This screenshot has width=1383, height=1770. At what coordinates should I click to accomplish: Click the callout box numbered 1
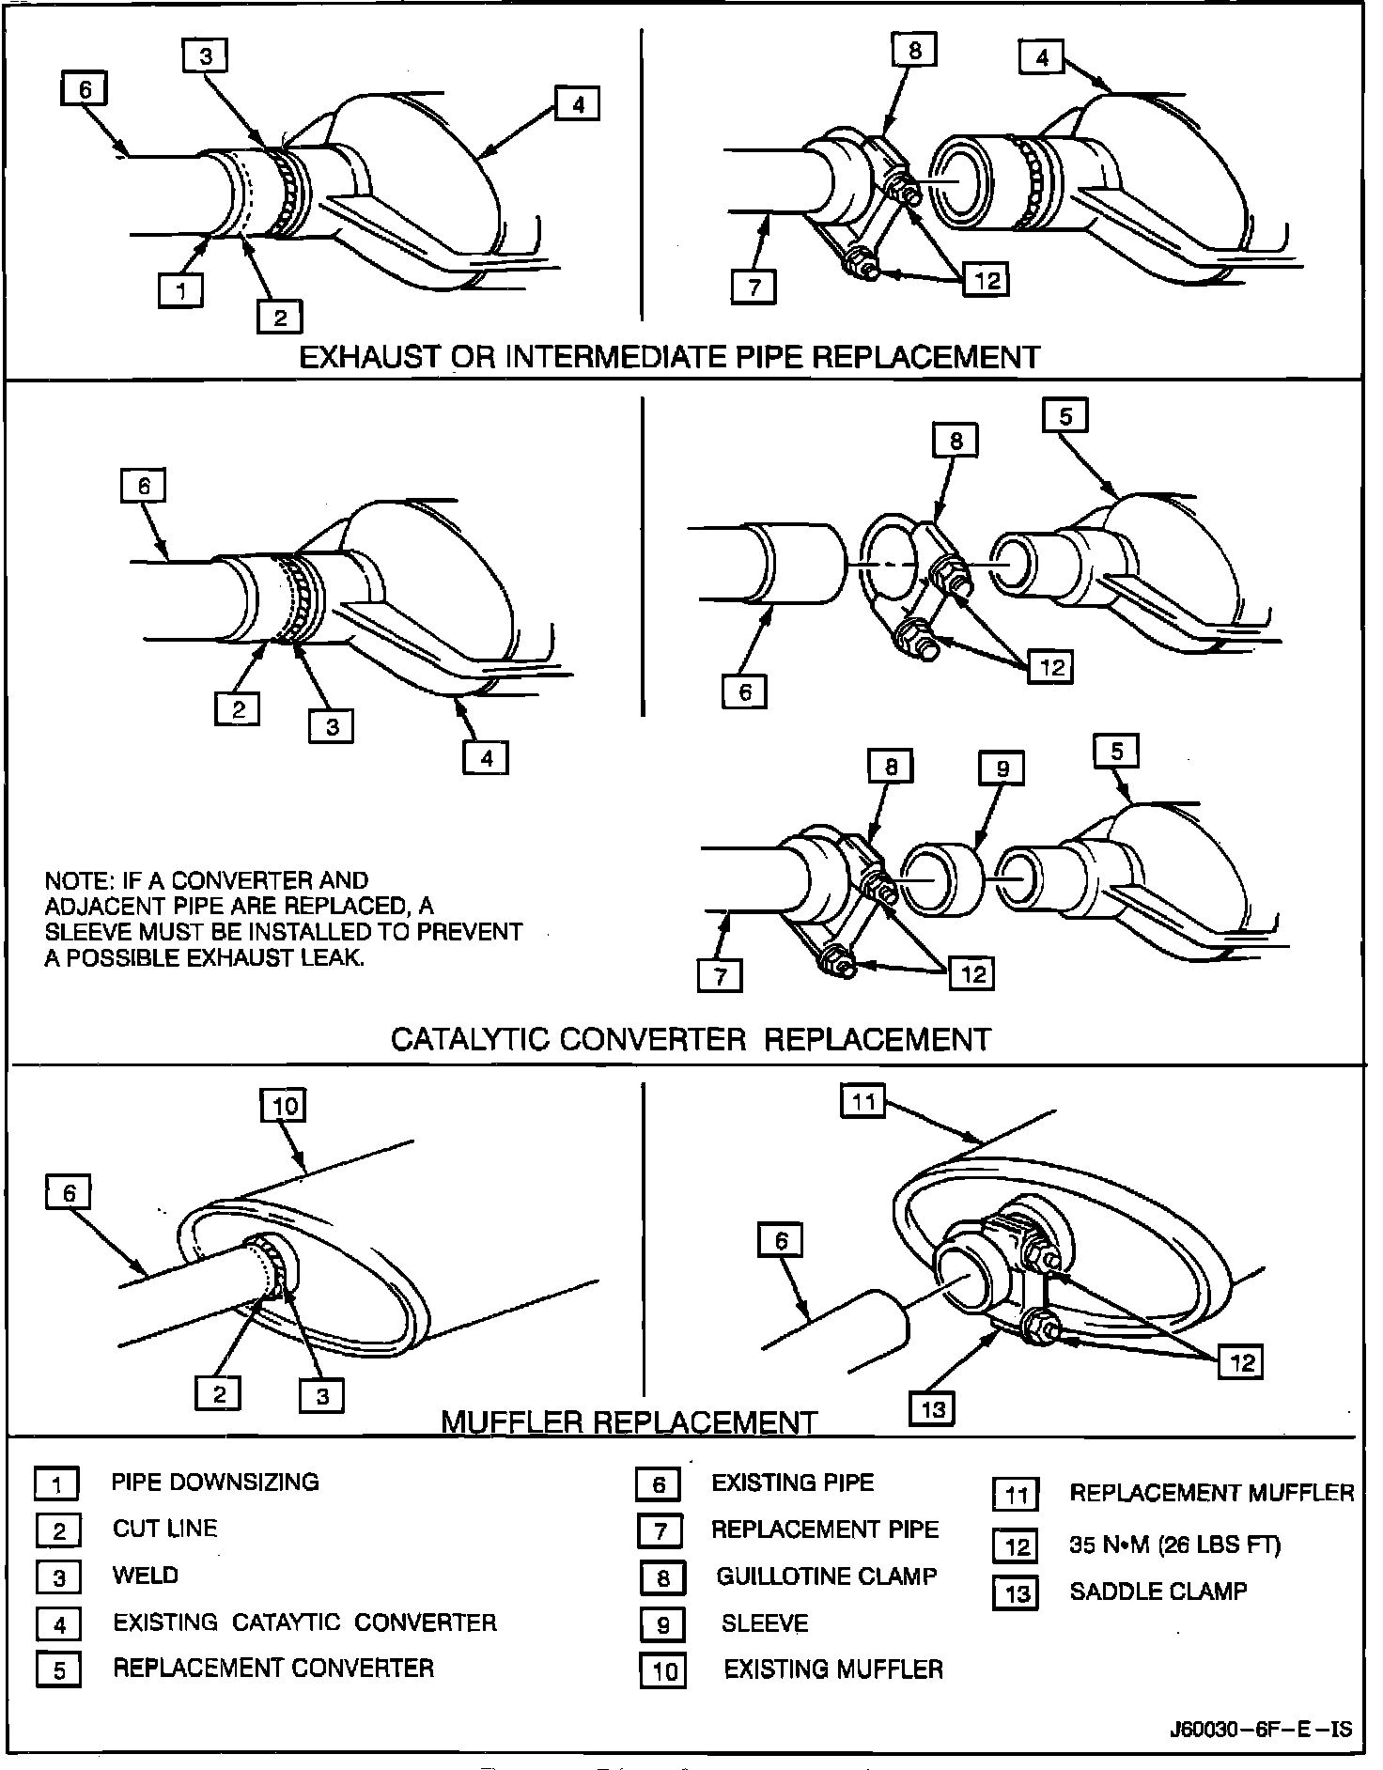(x=181, y=289)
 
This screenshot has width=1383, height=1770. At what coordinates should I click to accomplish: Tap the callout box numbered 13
(x=932, y=1408)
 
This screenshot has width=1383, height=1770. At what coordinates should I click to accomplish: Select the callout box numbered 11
(x=863, y=1101)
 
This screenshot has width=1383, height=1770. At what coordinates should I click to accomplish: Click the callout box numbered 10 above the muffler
(x=285, y=1105)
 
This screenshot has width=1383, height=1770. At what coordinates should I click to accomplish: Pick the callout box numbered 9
(x=1002, y=769)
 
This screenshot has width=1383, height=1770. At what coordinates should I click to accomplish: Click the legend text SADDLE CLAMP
(x=1158, y=1591)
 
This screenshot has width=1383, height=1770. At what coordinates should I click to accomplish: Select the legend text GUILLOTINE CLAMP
(x=826, y=1576)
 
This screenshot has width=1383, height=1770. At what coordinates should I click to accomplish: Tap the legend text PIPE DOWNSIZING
(x=215, y=1482)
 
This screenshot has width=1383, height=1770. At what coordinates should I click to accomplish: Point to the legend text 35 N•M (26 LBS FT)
(x=1174, y=1545)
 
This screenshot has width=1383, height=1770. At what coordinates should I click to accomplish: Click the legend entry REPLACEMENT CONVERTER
(x=273, y=1668)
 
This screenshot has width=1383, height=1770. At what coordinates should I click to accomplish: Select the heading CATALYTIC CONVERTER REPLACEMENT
(x=691, y=1039)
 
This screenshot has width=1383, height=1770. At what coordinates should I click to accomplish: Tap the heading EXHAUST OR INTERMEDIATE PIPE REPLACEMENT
(x=669, y=357)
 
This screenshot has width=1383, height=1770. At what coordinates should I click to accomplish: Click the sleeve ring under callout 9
(x=940, y=878)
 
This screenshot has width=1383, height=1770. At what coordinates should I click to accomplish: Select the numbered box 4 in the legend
(x=58, y=1624)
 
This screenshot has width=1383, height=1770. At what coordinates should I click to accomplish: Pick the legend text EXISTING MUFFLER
(x=832, y=1669)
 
